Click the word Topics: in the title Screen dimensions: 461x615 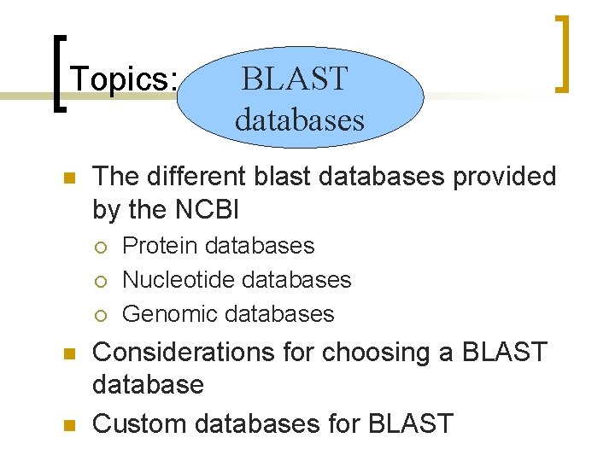click(125, 79)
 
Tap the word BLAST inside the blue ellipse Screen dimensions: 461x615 click(295, 79)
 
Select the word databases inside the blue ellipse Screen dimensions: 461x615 click(300, 120)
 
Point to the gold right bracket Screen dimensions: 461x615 click(562, 53)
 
